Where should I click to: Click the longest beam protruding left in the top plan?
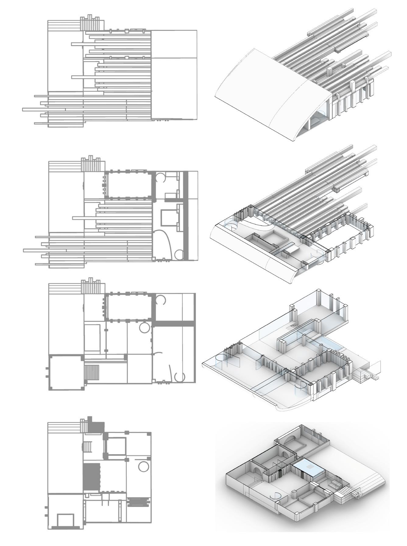point(43,109)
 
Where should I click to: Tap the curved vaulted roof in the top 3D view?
point(268,91)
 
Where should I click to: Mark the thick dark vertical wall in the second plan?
point(185,215)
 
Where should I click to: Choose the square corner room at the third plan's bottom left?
point(65,372)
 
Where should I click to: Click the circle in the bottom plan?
point(143,466)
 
